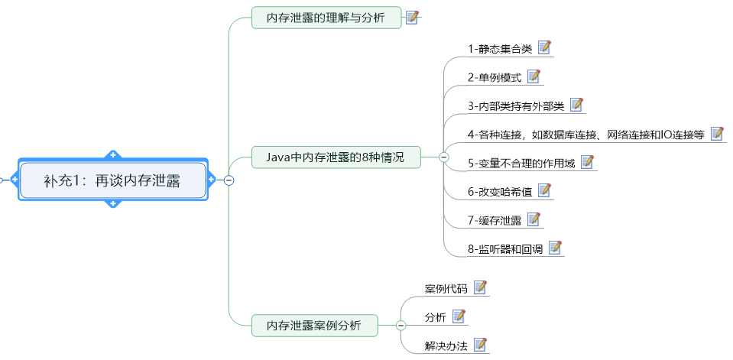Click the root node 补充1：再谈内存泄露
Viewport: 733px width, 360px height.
113,180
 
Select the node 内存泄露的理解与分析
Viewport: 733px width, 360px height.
326,18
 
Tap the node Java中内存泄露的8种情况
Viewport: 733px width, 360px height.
336,157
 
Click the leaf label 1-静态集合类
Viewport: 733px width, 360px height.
500,48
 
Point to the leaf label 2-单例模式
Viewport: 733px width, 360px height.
495,77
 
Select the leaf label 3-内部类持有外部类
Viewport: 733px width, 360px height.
516,105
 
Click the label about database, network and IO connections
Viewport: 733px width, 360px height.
585,135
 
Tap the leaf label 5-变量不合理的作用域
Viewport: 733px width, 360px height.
521,163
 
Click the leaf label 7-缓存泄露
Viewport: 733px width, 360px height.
495,220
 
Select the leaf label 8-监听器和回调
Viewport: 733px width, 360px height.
505,248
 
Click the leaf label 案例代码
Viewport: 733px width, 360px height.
446,289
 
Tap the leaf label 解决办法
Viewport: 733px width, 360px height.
446,345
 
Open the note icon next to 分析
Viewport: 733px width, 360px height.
459,316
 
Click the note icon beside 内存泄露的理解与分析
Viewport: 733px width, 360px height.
413,18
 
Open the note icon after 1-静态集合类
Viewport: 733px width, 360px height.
545,47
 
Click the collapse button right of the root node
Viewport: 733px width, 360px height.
228,180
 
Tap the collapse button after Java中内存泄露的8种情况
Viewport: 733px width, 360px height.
443,157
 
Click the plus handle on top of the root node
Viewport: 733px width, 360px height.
113,156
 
